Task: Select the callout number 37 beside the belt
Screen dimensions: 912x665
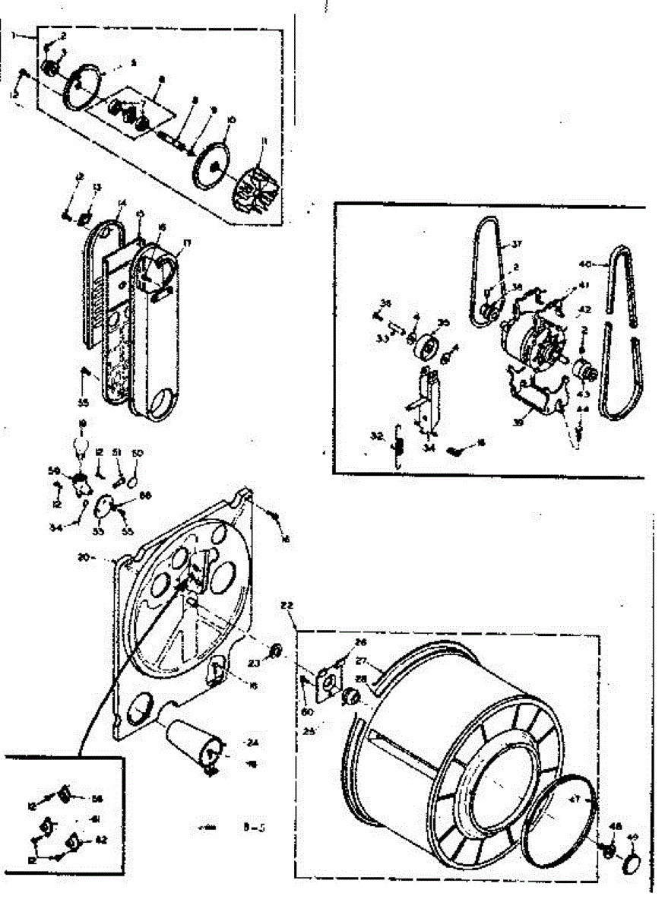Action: click(517, 244)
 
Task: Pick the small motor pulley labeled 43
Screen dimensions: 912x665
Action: click(584, 372)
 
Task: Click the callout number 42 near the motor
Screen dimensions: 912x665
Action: click(584, 310)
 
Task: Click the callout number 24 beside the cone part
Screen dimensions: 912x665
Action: click(252, 743)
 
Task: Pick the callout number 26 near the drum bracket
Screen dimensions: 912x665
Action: click(361, 642)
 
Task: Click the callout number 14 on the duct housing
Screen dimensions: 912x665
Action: click(121, 203)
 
